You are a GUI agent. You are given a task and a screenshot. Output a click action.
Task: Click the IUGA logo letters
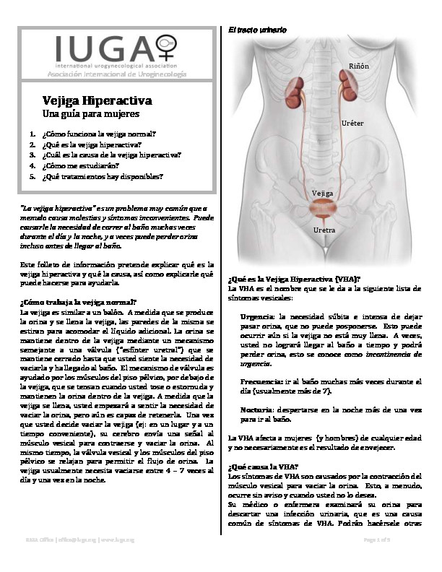[x=102, y=49]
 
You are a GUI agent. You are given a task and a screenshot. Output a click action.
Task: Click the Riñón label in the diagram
[x=359, y=66]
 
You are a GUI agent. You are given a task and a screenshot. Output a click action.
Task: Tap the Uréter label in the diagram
[x=352, y=123]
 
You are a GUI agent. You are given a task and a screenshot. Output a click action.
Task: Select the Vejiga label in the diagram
[x=322, y=194]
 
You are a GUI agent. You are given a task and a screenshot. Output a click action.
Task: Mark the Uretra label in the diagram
[x=324, y=230]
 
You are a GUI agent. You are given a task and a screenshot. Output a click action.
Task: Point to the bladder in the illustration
[x=323, y=209]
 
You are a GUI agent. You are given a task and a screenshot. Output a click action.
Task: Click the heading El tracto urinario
[x=256, y=30]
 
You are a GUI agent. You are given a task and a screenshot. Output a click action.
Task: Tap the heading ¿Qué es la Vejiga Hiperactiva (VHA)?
[x=294, y=278]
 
